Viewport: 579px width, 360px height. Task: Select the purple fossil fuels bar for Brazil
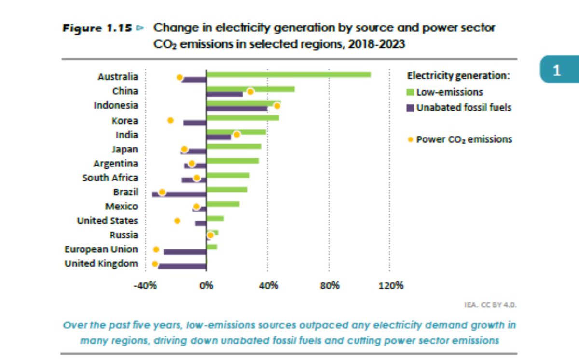click(x=179, y=194)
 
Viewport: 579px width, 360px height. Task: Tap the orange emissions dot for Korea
click(x=170, y=120)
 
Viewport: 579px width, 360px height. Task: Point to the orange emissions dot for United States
click(x=177, y=221)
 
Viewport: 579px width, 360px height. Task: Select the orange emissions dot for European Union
click(x=156, y=249)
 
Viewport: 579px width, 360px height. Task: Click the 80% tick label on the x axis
click(x=329, y=285)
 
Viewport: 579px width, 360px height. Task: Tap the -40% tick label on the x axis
click(x=145, y=285)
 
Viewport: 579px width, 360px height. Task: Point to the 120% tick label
click(x=391, y=285)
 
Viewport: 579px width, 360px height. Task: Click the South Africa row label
click(x=110, y=178)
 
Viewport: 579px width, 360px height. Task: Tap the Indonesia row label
click(x=116, y=105)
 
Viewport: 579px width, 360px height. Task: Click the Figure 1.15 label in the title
click(x=98, y=28)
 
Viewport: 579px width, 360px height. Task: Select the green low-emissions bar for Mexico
click(x=222, y=204)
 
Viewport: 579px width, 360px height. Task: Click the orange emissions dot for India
click(x=236, y=135)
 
